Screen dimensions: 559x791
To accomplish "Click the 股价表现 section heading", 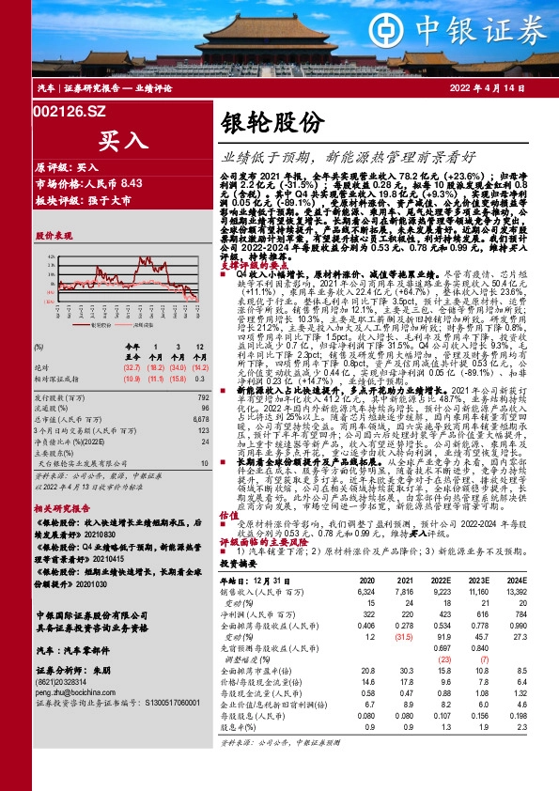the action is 54,233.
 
